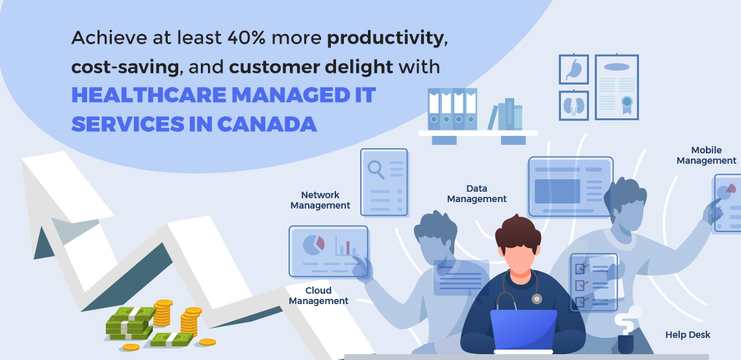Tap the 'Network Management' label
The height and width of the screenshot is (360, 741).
320,200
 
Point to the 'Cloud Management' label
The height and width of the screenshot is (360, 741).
318,295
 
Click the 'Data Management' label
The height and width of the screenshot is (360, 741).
477,194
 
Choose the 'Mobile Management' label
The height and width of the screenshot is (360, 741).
707,155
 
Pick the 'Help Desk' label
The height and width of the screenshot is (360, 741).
688,335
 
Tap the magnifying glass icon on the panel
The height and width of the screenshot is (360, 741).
376,169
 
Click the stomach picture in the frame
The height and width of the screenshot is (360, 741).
574,70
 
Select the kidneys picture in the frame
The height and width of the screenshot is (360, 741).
574,105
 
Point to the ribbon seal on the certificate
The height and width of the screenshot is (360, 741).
627,105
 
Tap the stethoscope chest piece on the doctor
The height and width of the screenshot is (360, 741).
536,298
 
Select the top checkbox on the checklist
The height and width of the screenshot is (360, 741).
580,268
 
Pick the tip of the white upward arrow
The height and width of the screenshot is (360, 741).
21,159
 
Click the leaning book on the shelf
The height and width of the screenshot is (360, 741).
493,117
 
